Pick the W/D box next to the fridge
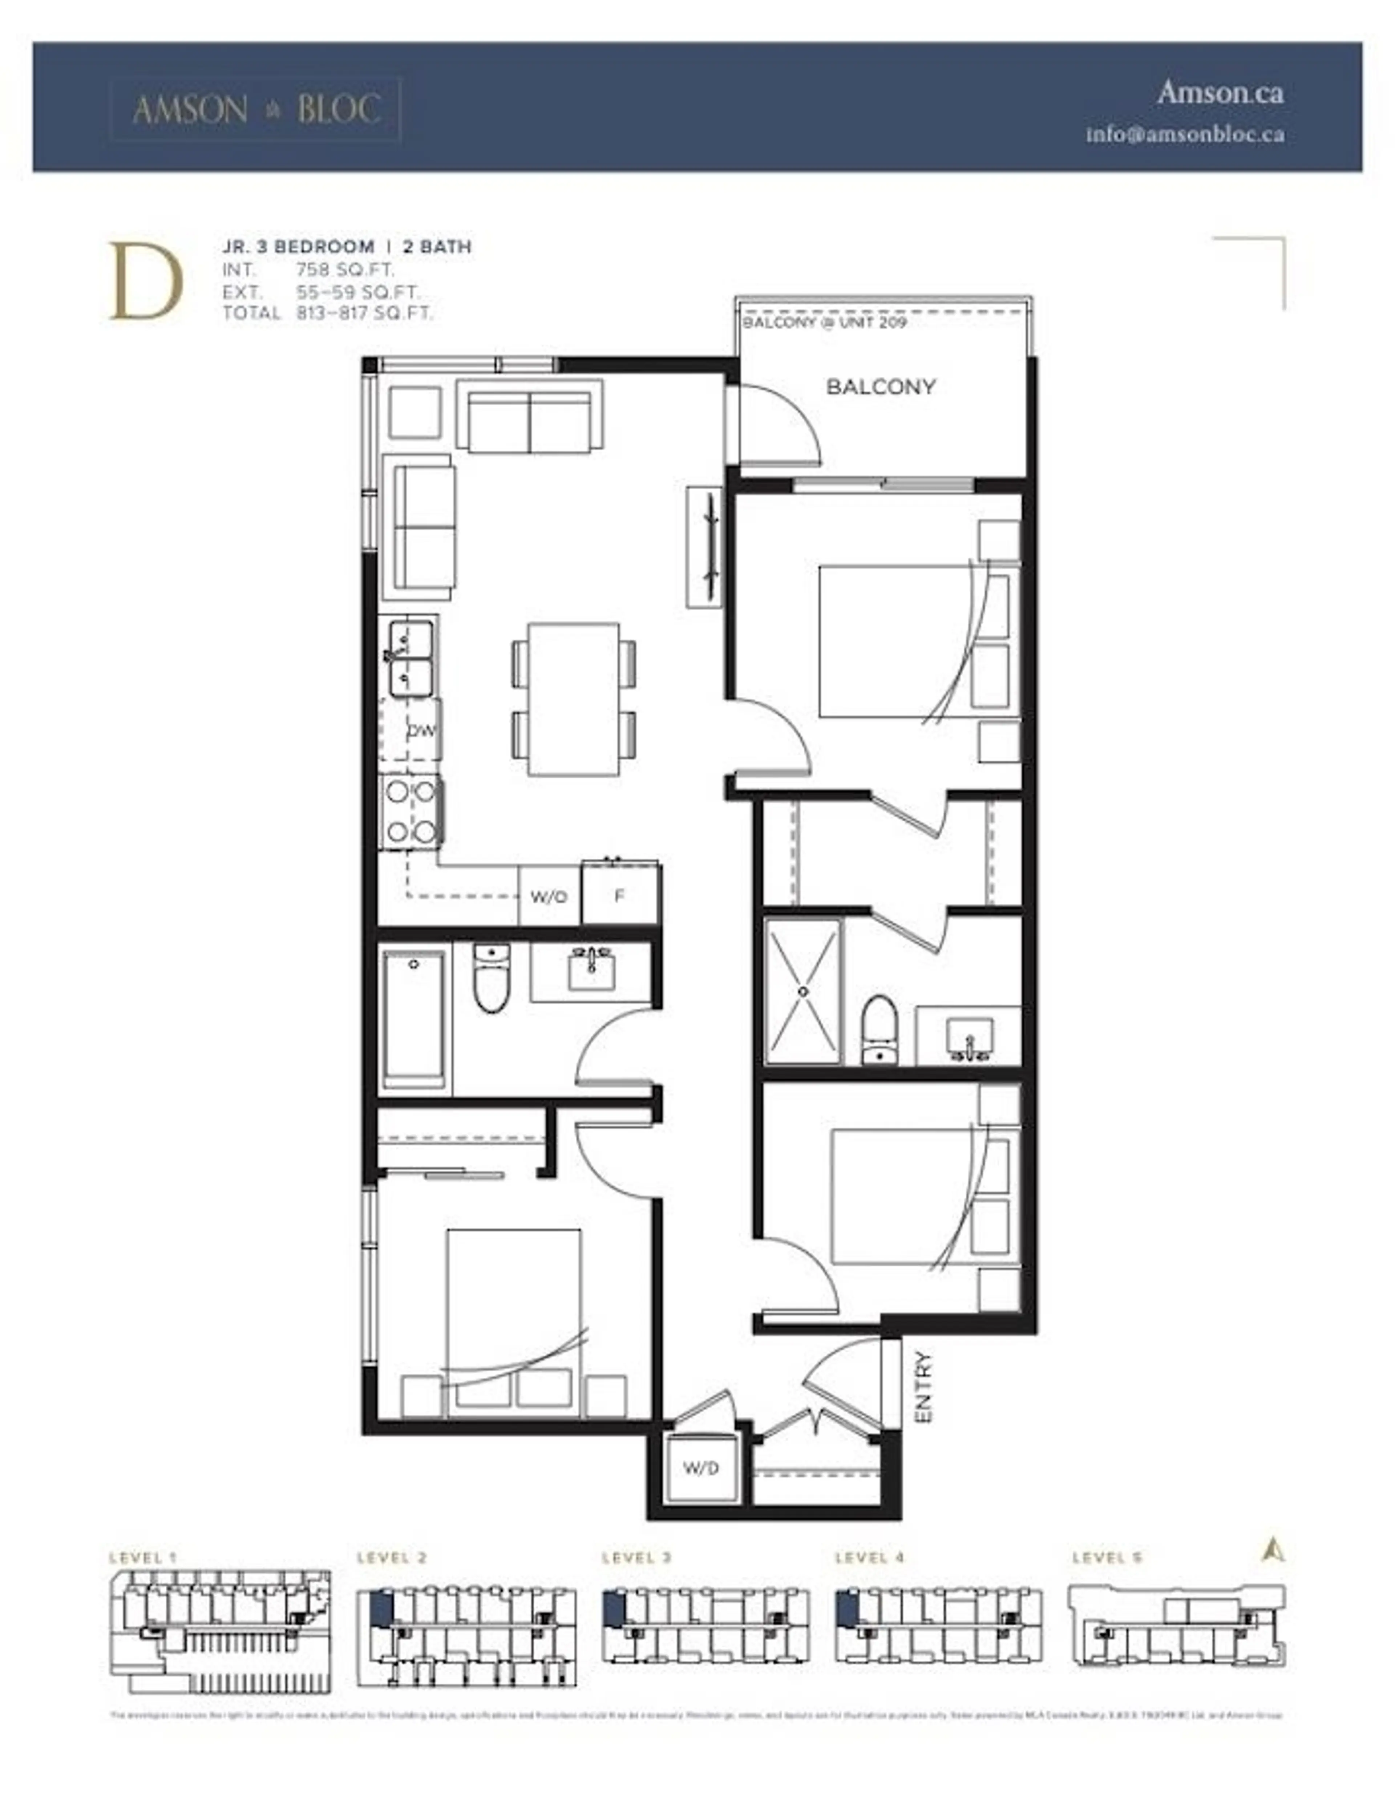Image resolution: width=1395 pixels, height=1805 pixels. coord(549,896)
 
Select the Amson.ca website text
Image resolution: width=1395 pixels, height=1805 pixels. coord(1220,92)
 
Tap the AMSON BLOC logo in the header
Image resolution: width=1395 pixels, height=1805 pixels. coord(256,109)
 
